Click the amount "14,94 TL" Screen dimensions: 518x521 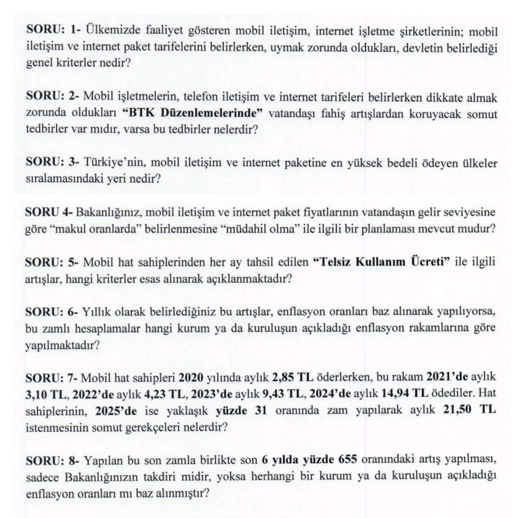pyautogui.click(x=404, y=394)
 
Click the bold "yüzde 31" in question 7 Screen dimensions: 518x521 pyautogui.click(x=241, y=410)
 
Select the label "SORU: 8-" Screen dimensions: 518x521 pyautogui.click(x=52, y=460)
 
